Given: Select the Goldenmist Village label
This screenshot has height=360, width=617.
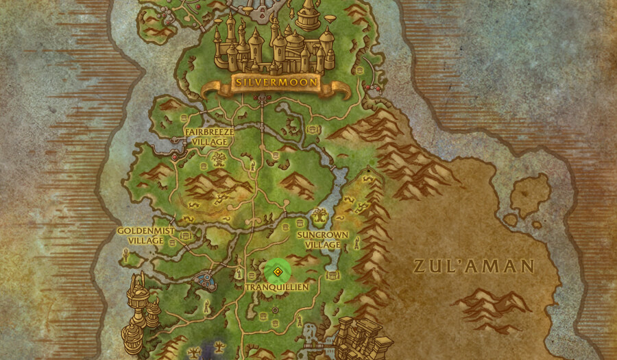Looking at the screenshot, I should (141, 236).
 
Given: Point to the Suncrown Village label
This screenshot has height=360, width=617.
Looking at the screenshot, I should (323, 239).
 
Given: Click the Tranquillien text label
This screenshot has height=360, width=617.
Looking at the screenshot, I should (277, 287).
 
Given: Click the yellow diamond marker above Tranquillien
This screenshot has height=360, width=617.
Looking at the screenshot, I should (277, 272).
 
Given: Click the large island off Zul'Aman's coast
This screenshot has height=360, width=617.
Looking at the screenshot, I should (529, 195).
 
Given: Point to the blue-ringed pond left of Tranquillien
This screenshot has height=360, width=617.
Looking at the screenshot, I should (204, 280).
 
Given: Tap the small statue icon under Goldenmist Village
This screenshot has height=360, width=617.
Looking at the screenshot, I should (125, 255).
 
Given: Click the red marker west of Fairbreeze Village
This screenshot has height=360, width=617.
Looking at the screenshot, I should (174, 157).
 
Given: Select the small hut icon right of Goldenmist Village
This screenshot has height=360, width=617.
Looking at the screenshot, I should (173, 242).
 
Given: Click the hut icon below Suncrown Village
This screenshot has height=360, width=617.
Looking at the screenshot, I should (332, 275).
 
